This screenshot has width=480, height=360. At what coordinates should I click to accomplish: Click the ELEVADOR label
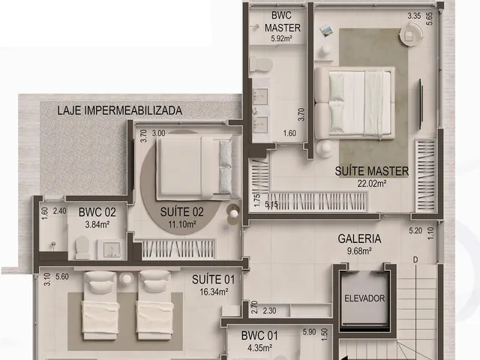364,298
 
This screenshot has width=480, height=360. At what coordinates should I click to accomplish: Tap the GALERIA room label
359,238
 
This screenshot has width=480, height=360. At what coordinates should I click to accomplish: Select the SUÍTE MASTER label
372,171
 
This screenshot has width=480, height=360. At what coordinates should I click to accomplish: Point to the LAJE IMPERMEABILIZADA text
120,110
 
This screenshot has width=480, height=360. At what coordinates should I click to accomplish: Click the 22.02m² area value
372,184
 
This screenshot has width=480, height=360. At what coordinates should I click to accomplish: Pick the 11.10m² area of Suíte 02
181,224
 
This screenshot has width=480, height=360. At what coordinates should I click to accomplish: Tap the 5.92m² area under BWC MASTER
281,38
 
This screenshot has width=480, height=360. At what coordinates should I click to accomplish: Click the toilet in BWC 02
82,247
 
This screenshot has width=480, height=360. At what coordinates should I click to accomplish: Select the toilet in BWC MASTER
261,64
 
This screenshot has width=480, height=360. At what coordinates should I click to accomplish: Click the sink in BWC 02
109,249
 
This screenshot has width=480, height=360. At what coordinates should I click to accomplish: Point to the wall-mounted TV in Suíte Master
421,103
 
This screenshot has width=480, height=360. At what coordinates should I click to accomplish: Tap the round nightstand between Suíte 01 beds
127,279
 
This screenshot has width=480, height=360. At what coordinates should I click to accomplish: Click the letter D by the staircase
415,260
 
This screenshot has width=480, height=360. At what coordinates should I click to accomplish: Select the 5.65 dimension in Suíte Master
430,19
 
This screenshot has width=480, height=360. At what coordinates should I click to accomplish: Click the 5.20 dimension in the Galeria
415,230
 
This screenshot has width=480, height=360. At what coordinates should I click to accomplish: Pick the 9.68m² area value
359,251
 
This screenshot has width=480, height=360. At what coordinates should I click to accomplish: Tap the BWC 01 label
259,335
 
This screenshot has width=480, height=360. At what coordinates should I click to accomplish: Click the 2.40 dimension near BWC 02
59,211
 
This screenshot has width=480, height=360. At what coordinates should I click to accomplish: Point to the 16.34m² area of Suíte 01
214,292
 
